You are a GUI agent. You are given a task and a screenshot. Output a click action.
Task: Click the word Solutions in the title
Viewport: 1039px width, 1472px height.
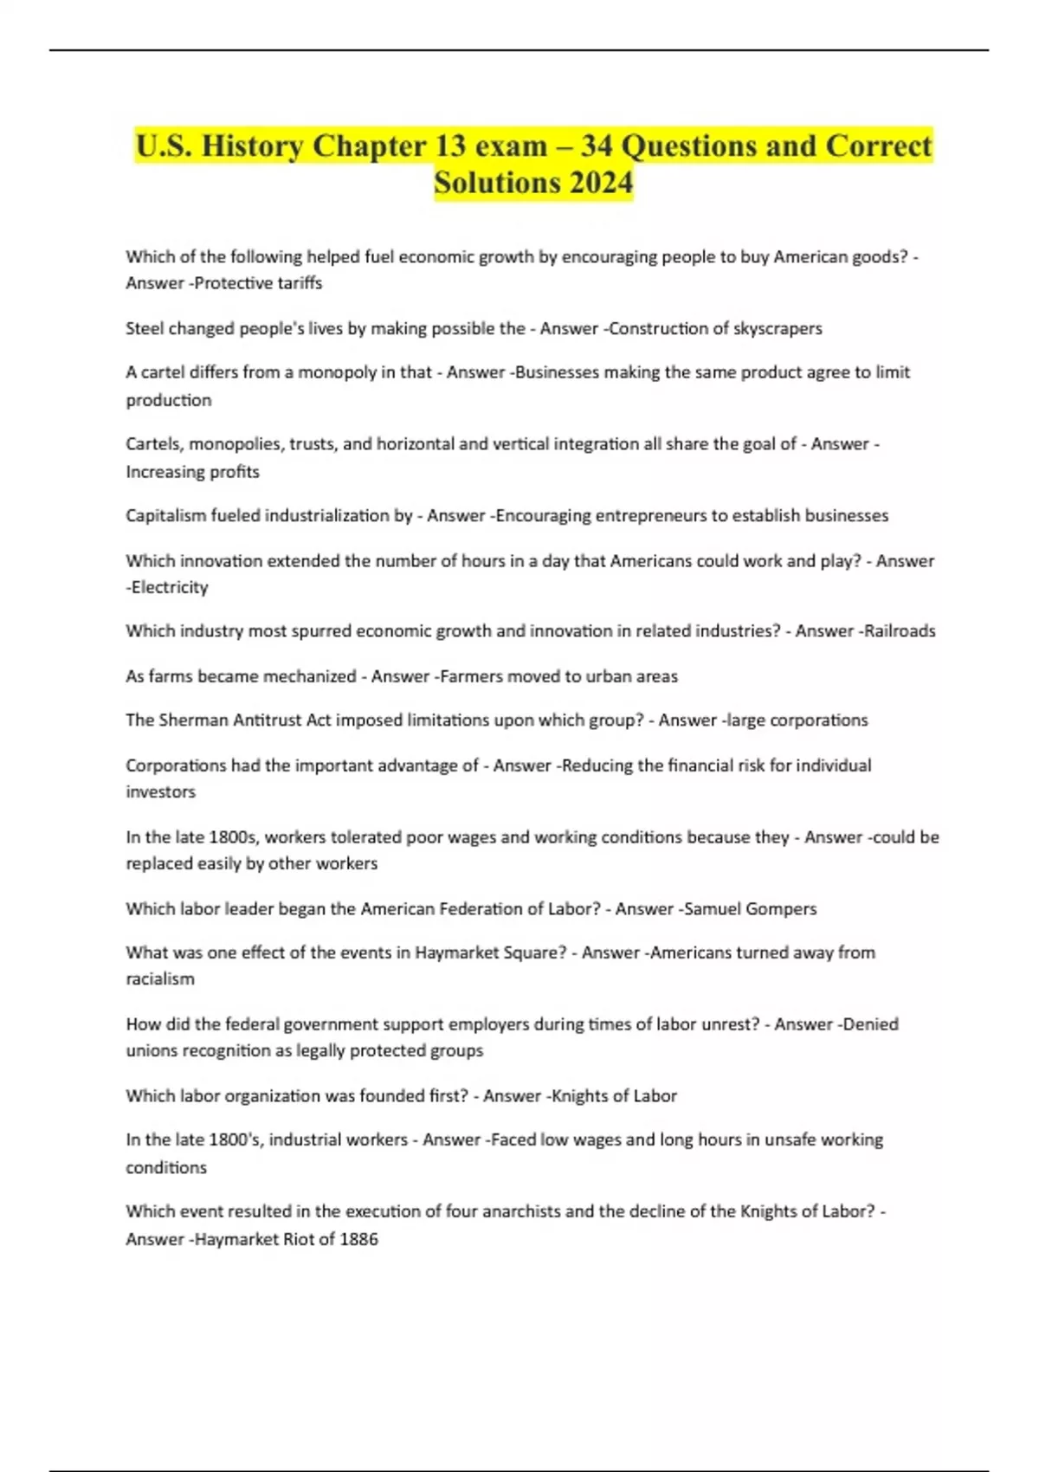497,183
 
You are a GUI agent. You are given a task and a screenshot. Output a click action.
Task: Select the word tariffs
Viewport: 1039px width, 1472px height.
300,283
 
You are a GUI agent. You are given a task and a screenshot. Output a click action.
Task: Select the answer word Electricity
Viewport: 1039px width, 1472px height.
170,587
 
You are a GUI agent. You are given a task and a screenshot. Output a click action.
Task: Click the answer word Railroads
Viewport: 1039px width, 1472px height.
899,631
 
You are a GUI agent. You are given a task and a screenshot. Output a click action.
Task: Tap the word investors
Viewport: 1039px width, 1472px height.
161,792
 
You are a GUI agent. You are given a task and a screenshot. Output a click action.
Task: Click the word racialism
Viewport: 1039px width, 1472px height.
160,979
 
